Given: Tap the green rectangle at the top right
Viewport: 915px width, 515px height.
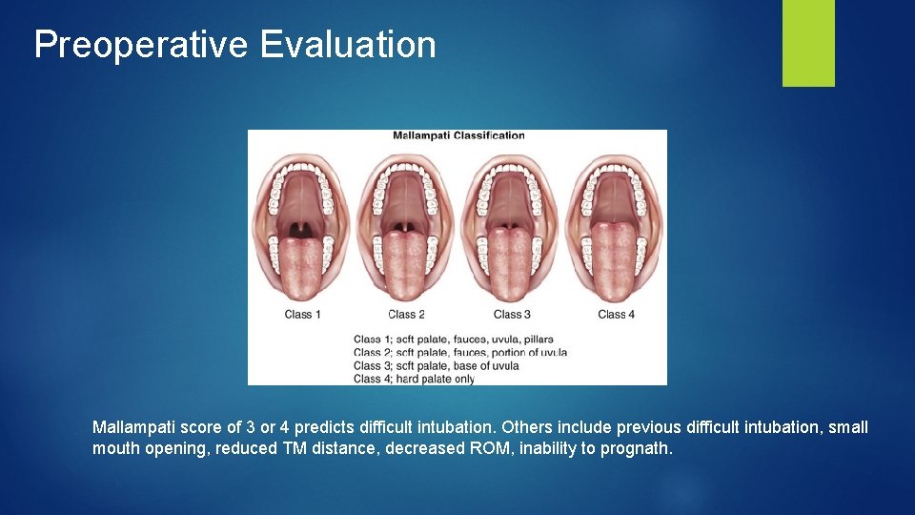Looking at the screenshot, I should [x=808, y=43].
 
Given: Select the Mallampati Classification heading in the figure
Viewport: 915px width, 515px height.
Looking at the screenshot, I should [x=458, y=135].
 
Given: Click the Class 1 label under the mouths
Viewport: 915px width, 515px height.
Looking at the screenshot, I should [x=302, y=315].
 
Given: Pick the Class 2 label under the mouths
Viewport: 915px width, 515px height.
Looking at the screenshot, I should [x=406, y=315].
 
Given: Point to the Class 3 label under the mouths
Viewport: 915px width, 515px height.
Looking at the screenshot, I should [x=512, y=315].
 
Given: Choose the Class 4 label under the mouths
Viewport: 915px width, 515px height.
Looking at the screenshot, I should [x=616, y=315].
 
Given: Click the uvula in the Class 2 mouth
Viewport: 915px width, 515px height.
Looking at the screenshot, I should [x=406, y=227].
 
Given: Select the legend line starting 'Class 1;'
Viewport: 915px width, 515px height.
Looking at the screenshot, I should [x=453, y=340].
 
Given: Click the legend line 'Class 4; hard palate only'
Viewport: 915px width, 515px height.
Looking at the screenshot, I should [x=414, y=379].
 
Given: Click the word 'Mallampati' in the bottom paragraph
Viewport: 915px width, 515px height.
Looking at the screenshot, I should [x=131, y=427].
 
